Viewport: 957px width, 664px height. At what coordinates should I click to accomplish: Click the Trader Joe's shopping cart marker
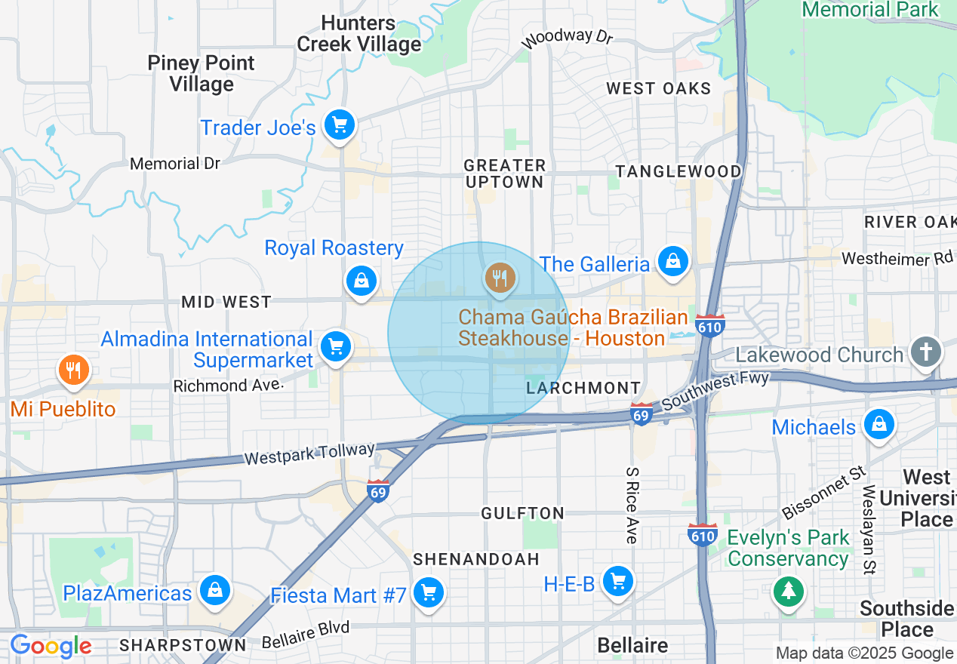click(339, 125)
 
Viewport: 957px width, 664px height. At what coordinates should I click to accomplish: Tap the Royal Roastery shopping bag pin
click(362, 281)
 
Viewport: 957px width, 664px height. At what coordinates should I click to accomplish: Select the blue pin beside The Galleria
click(672, 262)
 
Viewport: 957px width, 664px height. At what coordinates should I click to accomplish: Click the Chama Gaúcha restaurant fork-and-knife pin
click(499, 278)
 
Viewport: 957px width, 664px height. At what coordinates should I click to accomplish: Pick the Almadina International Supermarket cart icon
click(336, 347)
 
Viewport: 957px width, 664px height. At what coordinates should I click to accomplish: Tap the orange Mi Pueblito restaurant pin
click(73, 370)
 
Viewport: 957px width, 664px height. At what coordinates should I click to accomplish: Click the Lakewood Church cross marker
click(926, 352)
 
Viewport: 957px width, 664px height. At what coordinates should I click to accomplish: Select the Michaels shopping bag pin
click(879, 424)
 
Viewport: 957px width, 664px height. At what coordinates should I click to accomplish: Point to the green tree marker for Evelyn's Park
click(789, 589)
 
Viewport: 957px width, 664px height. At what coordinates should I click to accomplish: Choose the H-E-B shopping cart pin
click(618, 581)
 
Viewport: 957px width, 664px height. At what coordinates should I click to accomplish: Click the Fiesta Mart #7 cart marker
click(429, 592)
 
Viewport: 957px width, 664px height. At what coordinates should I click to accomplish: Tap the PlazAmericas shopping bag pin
click(215, 590)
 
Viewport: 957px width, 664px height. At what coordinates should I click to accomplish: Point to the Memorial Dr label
click(175, 164)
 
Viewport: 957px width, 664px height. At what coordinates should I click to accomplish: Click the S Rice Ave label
click(631, 505)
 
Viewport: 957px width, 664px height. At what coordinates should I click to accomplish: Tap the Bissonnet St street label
click(823, 493)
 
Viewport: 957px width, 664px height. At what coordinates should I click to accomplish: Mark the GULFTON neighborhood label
click(523, 513)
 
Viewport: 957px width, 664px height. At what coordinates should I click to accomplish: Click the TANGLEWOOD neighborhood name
click(679, 172)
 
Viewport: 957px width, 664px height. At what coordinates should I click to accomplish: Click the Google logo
click(51, 647)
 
